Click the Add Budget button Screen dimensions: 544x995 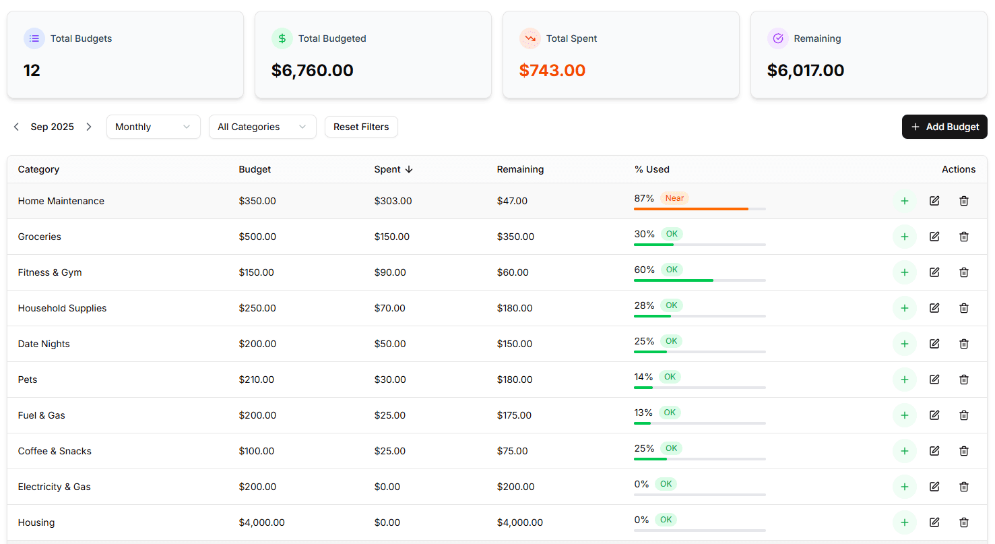tap(944, 127)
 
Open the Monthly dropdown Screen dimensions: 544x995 tap(153, 127)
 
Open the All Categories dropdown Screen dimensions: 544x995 tap(262, 127)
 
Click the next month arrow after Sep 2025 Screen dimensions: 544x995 tap(89, 127)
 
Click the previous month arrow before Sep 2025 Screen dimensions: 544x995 tap(16, 127)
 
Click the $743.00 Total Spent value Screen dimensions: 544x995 tap(552, 70)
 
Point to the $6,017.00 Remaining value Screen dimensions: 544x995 tap(805, 70)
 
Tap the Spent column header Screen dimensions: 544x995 tap(393, 169)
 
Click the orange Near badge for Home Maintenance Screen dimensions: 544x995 tap(674, 198)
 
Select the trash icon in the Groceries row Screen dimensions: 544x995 tap(963, 237)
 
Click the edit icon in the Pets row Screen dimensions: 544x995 tap(934, 380)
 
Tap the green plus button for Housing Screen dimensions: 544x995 tap(904, 522)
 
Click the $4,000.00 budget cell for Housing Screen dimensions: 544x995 tap(261, 522)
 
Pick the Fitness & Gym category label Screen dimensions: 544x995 tap(50, 272)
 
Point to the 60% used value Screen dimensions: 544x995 tap(644, 270)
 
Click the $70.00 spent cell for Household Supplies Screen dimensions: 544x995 tap(389, 308)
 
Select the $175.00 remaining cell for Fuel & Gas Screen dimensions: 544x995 tap(514, 415)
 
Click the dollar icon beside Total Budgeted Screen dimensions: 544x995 tap(282, 38)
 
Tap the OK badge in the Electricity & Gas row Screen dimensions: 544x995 tap(666, 484)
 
